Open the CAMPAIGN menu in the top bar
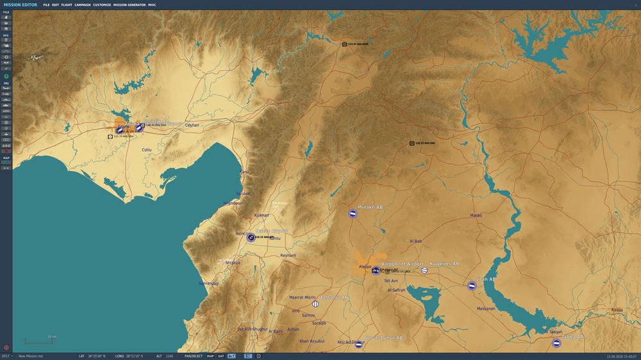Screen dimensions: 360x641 [82, 4]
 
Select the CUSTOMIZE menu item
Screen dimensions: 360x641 [102, 4]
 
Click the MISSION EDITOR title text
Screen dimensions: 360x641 [21, 4]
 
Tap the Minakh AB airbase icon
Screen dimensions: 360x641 [353, 213]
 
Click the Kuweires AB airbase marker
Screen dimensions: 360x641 [424, 270]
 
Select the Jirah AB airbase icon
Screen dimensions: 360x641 [472, 286]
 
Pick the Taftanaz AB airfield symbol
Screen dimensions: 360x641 [315, 304]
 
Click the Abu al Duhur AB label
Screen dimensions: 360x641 [383, 338]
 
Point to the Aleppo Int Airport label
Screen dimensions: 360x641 [403, 264]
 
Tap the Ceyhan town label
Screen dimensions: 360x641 [192, 125]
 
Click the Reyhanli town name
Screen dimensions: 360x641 [288, 256]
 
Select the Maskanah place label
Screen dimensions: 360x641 [486, 309]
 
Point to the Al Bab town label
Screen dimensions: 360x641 [415, 241]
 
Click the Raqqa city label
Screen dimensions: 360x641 [617, 310]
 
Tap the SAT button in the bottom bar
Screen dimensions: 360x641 [221, 356]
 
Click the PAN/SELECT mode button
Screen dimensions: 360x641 [194, 356]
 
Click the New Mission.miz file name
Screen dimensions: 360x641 [30, 356]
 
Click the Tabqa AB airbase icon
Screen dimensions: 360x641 [557, 343]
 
